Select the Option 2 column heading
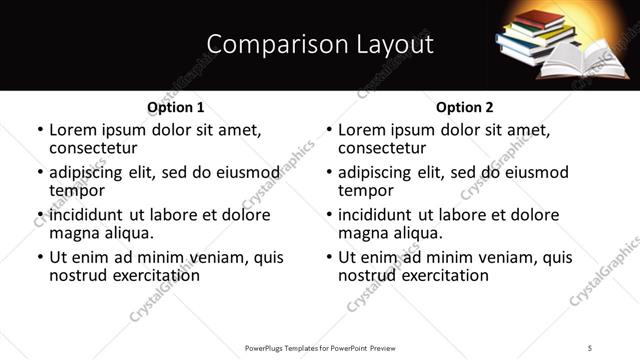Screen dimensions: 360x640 464,107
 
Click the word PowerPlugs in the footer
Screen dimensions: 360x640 267,348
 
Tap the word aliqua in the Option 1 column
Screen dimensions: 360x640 127,233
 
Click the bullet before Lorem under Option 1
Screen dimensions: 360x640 40,130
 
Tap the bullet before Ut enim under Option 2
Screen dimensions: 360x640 329,258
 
